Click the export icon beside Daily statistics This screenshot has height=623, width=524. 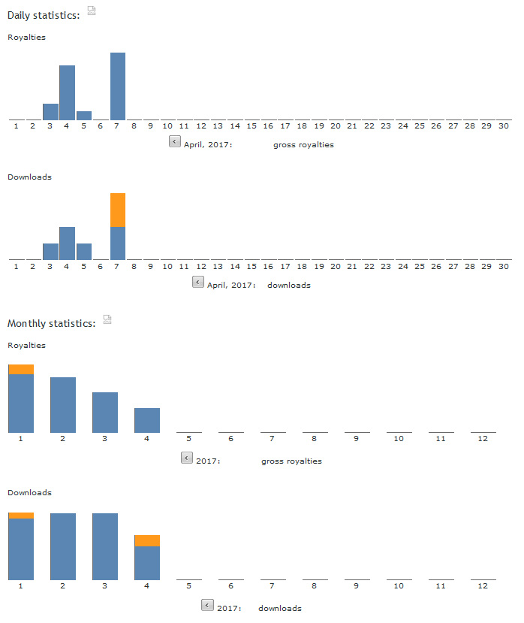coord(92,10)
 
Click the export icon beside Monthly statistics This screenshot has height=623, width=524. coord(107,319)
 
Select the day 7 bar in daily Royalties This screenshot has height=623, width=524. coord(118,86)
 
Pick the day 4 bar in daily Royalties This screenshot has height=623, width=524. coord(67,92)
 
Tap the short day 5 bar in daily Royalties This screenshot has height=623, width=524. coord(84,116)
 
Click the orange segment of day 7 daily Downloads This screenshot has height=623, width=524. coord(118,210)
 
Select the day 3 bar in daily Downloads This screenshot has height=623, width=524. coord(50,252)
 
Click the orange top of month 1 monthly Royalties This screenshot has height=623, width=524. coord(21,369)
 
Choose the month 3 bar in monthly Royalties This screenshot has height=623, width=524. coord(105,412)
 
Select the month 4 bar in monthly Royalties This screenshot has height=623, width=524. coord(147,420)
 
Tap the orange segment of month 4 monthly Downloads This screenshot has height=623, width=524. coord(147,540)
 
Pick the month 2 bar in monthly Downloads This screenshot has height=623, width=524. coord(63,546)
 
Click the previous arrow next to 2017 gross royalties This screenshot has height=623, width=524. coord(186,457)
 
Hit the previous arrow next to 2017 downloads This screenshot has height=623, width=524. coord(207,604)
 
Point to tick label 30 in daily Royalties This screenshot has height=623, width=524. coord(503,126)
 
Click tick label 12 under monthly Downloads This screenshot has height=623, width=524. coord(483,585)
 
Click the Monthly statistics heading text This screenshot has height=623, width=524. coord(52,323)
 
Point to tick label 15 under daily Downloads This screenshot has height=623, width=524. coord(251,266)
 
